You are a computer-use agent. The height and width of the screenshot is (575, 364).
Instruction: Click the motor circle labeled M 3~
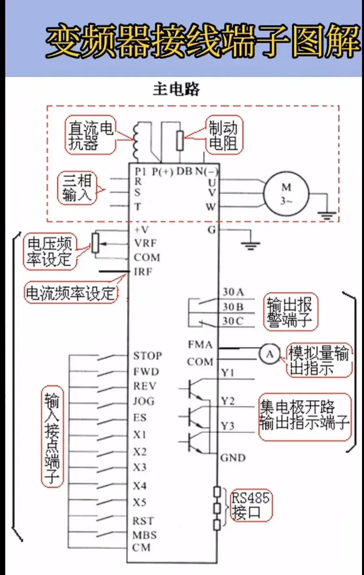(x=286, y=193)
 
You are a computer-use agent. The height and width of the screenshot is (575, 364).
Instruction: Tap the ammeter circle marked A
(x=270, y=354)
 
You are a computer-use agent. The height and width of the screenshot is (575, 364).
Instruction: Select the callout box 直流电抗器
(x=90, y=135)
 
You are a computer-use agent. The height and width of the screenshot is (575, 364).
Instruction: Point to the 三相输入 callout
(x=77, y=188)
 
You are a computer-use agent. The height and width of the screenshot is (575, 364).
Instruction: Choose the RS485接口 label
(x=250, y=505)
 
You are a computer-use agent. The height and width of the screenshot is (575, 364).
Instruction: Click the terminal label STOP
(x=147, y=356)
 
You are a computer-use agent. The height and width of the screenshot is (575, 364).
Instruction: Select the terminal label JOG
(x=143, y=401)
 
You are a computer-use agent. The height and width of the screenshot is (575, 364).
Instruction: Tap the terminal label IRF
(x=143, y=272)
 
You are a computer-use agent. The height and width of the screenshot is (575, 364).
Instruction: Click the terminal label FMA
(x=200, y=345)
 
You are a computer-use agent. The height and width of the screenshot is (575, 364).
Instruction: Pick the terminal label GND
(x=233, y=458)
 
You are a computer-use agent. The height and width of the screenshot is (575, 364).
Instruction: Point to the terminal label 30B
(x=233, y=307)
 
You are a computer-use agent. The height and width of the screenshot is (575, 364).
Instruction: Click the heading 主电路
(x=176, y=89)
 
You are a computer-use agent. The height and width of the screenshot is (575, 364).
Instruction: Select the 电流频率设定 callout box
(x=71, y=293)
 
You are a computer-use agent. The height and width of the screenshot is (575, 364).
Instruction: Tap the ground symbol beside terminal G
(x=250, y=244)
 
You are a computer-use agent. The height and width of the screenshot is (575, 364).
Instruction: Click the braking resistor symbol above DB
(x=180, y=140)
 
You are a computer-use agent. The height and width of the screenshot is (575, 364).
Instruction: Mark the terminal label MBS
(x=144, y=535)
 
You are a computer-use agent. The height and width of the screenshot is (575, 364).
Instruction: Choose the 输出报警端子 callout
(x=290, y=312)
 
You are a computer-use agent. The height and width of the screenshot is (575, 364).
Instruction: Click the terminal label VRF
(x=145, y=244)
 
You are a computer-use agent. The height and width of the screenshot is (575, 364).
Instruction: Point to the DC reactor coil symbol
(x=136, y=140)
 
